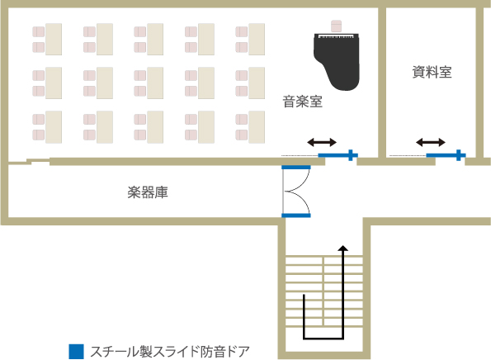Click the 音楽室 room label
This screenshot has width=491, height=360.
(303, 102)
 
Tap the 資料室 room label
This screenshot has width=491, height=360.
(432, 72)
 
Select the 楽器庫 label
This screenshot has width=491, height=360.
(148, 192)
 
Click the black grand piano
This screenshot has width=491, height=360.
(337, 61)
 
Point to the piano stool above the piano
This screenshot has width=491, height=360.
(336, 26)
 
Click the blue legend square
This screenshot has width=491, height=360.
(76, 352)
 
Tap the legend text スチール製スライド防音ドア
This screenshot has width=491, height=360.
(170, 352)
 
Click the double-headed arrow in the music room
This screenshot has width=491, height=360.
(322, 143)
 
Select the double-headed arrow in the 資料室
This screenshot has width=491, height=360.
(431, 143)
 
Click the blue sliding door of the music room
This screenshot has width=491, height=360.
(338, 155)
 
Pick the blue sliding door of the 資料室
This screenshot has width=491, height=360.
(446, 155)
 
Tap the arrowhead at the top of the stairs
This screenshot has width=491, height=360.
(343, 248)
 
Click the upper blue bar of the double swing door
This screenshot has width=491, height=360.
(296, 168)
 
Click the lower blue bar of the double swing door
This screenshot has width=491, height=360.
(296, 216)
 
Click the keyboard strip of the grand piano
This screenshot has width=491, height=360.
(336, 36)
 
